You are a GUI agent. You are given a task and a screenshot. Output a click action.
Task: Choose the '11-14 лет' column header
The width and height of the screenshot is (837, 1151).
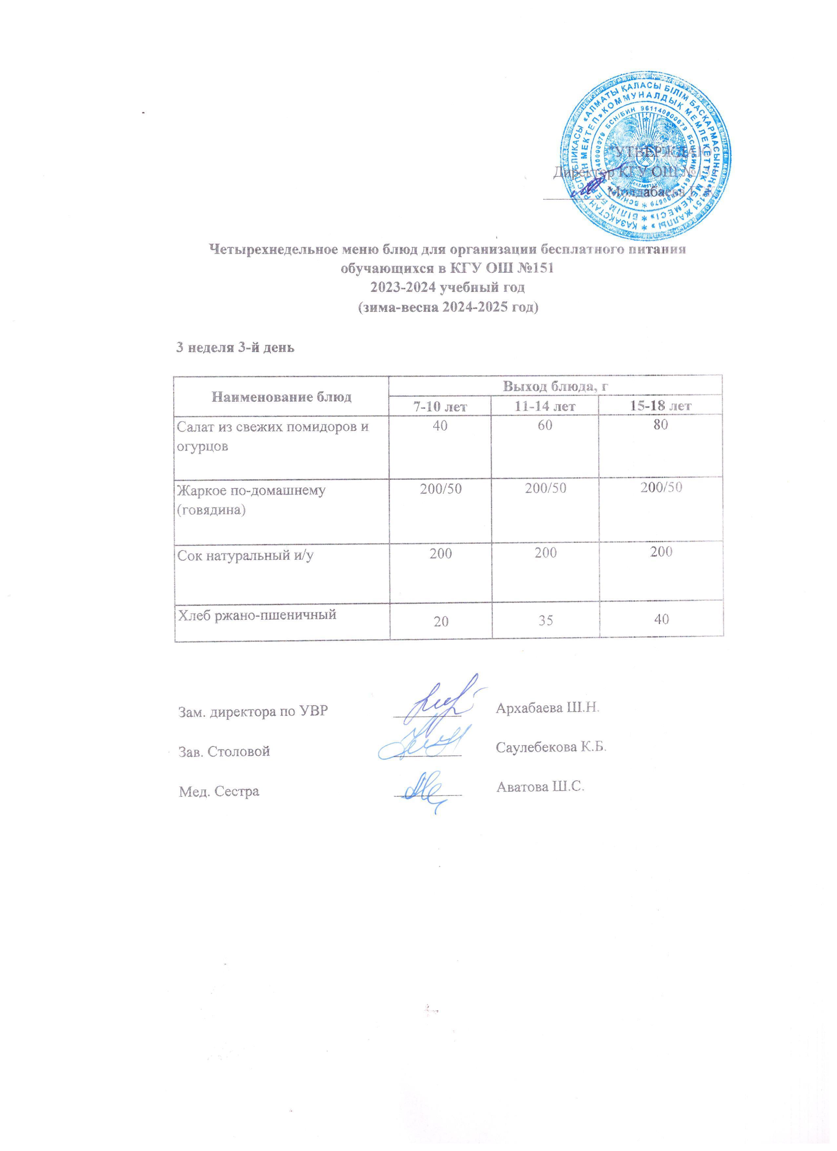point(546,406)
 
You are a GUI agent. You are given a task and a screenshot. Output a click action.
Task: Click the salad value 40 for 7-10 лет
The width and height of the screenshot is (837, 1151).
point(440,426)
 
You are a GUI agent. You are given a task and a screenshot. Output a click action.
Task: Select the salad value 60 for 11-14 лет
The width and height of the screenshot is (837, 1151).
point(546,426)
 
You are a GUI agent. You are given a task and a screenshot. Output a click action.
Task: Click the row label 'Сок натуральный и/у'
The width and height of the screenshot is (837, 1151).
point(245,555)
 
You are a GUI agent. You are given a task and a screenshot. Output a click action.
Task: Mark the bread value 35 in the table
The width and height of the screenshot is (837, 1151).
point(546,620)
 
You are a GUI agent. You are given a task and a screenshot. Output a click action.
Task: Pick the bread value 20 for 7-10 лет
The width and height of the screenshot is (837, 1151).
point(440,620)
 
